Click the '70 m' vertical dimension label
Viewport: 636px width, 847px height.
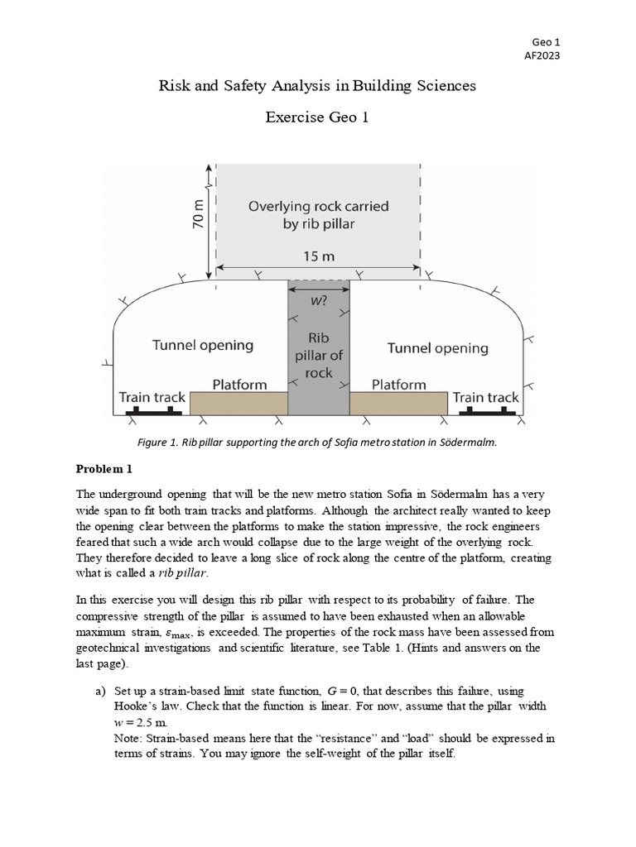click(197, 217)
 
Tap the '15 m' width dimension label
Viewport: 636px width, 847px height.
click(318, 257)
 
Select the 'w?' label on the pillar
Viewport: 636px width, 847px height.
click(319, 300)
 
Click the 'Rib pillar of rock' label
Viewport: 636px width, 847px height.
click(319, 355)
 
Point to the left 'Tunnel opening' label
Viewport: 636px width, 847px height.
click(202, 345)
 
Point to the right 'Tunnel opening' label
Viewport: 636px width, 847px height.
click(438, 348)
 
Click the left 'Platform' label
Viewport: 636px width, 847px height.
click(239, 385)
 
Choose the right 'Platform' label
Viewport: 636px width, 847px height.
click(398, 385)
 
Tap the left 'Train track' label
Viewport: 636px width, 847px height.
click(152, 397)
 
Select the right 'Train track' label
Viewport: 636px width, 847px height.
click(485, 397)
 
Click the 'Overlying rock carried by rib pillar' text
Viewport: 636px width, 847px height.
click(318, 214)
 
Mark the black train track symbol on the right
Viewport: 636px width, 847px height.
click(486, 410)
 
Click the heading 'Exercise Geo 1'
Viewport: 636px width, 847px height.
click(317, 117)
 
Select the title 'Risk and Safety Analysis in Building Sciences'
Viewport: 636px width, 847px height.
click(317, 85)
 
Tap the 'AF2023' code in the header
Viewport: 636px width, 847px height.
click(542, 56)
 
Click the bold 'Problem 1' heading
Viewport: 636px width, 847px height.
click(104, 469)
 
